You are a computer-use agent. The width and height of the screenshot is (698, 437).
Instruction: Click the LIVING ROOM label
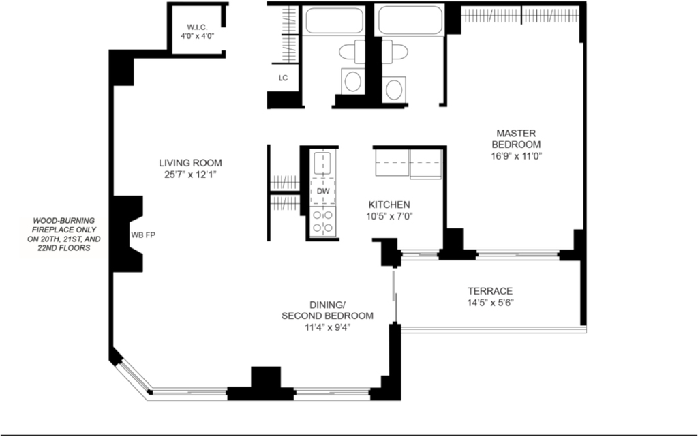tap(191, 163)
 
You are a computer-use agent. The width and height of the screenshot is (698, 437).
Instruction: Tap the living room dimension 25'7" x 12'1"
tap(191, 175)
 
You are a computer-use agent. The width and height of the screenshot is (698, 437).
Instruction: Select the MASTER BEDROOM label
tap(516, 139)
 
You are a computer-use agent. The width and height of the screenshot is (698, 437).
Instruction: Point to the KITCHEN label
tap(389, 205)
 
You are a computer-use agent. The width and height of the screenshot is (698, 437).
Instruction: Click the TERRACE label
tap(490, 291)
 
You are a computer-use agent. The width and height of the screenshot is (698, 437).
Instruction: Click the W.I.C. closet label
tap(197, 27)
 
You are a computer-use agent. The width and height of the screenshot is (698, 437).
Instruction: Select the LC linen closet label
tap(283, 78)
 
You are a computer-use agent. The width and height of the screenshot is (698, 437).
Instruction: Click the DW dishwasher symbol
tap(323, 192)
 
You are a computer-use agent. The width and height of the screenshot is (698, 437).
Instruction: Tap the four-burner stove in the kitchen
tap(322, 222)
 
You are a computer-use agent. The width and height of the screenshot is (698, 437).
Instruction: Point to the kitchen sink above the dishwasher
tap(322, 163)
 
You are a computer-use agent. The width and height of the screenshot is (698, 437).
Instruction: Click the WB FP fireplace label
tap(143, 235)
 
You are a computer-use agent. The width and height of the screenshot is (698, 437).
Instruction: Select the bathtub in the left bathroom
tap(334, 20)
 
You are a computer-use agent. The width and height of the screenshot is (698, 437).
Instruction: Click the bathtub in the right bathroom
tap(410, 20)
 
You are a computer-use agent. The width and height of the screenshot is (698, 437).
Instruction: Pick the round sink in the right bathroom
tap(394, 89)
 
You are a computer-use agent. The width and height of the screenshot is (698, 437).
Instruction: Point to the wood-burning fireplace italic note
tap(64, 234)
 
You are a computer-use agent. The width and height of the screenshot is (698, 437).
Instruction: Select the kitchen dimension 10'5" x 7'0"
tap(389, 217)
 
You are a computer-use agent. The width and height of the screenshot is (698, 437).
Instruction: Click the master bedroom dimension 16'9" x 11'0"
tap(516, 156)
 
